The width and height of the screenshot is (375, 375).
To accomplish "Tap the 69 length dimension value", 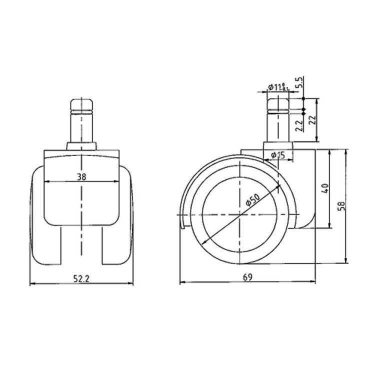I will [247, 277].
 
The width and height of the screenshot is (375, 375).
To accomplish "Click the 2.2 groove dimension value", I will [298, 125].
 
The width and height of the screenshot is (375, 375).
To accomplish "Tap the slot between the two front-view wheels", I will [81, 245].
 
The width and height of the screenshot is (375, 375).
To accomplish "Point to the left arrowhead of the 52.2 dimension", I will [32, 283].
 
